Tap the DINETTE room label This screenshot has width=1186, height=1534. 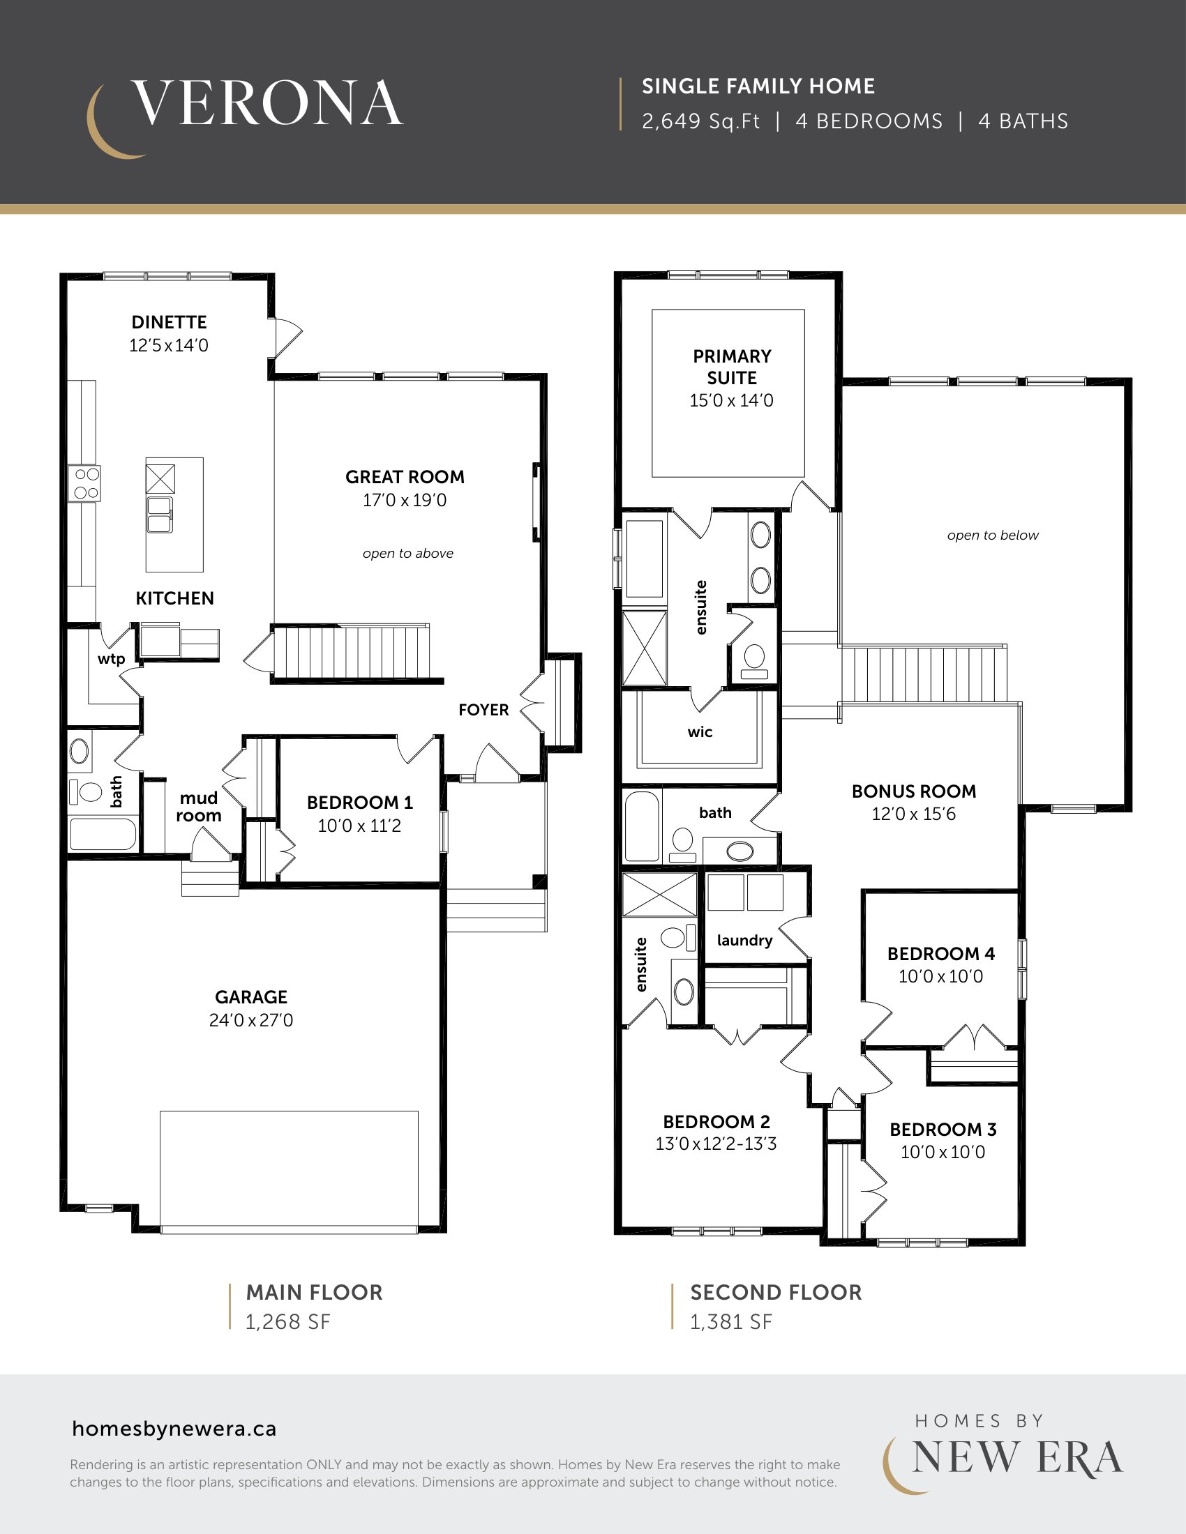170,322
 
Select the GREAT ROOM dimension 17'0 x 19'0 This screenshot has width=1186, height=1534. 405,500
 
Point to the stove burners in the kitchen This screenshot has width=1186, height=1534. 85,483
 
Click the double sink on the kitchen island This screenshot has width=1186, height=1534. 160,514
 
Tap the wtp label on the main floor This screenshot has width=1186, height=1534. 111,659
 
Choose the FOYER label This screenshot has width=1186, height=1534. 483,710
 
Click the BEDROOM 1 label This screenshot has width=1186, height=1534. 360,803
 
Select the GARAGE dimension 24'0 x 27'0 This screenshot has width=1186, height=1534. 251,1020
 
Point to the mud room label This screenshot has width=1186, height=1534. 199,806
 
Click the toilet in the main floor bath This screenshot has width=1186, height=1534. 86,791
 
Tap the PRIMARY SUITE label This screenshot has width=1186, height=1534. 732,367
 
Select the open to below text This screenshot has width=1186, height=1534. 993,536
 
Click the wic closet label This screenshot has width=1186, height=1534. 700,732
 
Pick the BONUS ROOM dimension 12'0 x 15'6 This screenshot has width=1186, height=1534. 914,814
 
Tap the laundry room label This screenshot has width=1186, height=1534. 745,941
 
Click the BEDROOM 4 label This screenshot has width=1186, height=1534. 942,954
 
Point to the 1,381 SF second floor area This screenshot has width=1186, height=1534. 730,1322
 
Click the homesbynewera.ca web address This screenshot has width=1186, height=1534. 174,1429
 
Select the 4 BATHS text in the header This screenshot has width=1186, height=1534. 1023,121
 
